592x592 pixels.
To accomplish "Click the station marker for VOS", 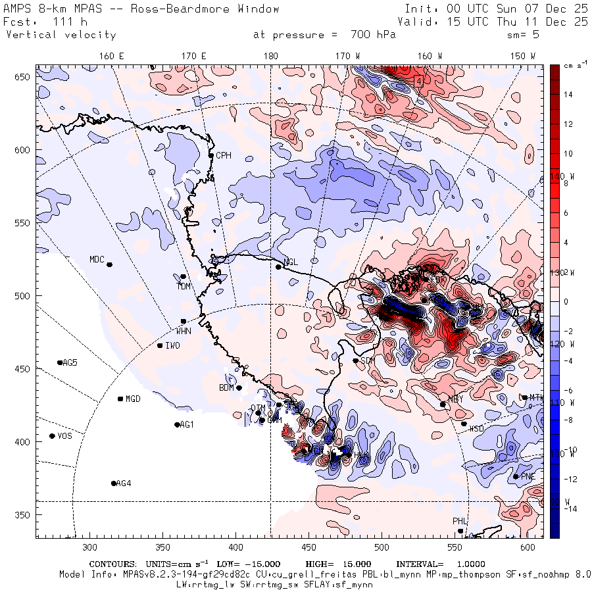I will [x=52, y=436].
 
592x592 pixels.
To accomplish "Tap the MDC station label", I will [x=97, y=259].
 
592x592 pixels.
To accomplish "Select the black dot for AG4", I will [x=114, y=483].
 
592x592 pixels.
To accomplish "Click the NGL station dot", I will [x=278, y=266].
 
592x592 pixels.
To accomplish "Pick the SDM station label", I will [x=367, y=360].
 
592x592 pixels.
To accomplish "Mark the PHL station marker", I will [x=460, y=531].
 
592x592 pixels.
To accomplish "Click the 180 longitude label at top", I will [x=270, y=57].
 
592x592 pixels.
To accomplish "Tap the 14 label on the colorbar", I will [x=568, y=95].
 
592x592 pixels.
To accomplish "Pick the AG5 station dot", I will [x=60, y=362].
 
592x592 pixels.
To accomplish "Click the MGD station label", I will [x=133, y=399].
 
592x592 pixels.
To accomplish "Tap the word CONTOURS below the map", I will [x=112, y=564].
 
